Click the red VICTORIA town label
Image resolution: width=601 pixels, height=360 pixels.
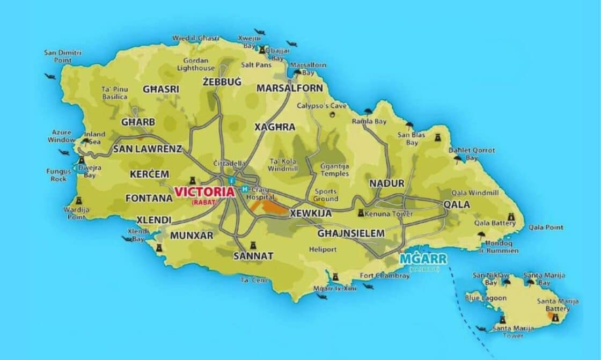click(x=204, y=192)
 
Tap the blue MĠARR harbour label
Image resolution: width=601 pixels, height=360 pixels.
click(x=423, y=259)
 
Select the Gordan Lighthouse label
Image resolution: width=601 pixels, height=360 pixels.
click(x=199, y=64)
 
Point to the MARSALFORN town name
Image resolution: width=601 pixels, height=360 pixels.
click(x=290, y=88)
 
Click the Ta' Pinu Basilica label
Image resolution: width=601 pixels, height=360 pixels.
click(x=114, y=93)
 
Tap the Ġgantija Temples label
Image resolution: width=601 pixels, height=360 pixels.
click(x=334, y=170)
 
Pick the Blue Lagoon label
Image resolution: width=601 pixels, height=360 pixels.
click(x=486, y=298)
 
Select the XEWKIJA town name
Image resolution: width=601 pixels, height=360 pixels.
click(x=310, y=213)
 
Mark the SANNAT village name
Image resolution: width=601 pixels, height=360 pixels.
click(x=253, y=256)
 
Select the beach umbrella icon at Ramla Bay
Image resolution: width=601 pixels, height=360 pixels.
click(x=368, y=112)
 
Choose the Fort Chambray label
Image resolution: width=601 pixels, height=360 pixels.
click(x=381, y=276)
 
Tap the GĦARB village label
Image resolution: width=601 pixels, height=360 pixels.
click(x=138, y=122)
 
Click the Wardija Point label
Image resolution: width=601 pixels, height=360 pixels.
click(x=77, y=213)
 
